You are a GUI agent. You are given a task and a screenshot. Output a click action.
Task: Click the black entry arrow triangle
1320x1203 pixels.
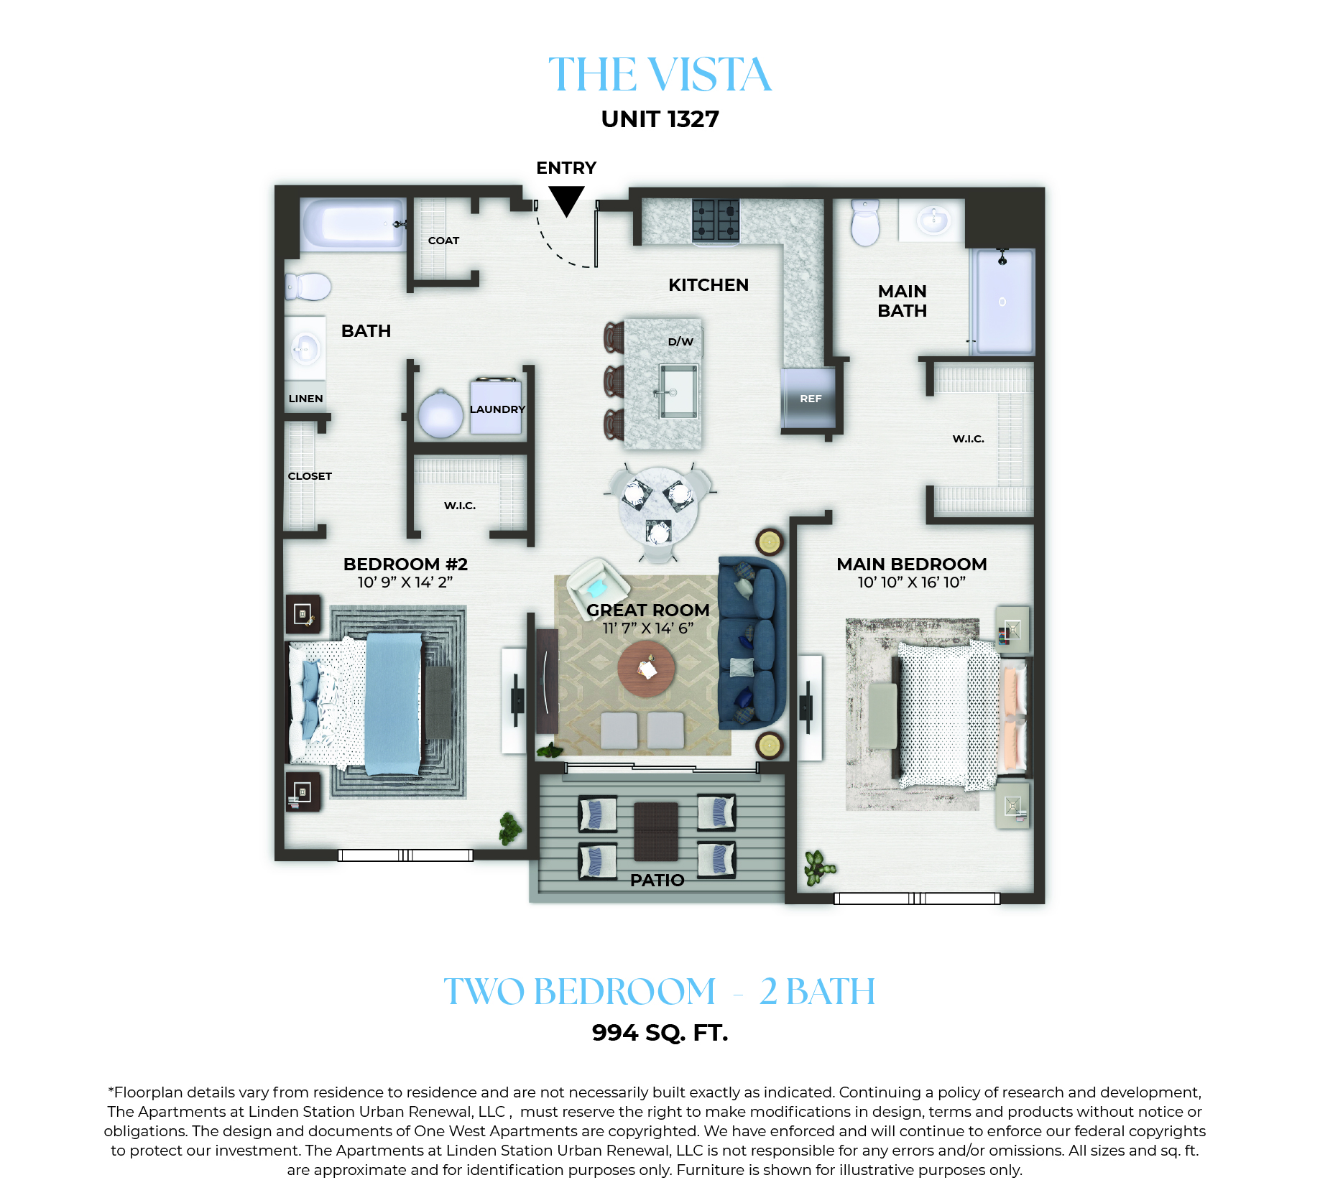pos(566,199)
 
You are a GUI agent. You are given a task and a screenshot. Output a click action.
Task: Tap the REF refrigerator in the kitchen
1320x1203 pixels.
pos(809,398)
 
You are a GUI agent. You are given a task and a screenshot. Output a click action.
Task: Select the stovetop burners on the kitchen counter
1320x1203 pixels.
pos(716,220)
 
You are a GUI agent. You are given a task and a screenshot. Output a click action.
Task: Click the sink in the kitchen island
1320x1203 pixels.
pos(678,391)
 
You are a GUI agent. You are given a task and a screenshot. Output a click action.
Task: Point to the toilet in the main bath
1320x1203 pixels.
pos(865,223)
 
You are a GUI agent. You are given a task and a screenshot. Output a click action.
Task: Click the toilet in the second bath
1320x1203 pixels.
pos(308,287)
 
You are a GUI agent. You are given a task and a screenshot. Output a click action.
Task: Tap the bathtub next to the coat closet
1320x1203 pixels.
pos(353,224)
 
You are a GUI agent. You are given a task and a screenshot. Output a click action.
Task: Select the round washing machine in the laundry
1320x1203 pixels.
pos(440,414)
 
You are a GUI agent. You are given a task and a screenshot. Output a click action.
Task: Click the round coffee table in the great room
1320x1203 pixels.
pos(646,669)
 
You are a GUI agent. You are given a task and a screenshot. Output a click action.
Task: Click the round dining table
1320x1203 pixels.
pos(659,506)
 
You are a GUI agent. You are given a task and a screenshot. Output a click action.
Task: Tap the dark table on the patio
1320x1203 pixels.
pos(656,831)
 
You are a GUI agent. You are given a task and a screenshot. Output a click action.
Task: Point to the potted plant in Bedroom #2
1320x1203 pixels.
pos(510,828)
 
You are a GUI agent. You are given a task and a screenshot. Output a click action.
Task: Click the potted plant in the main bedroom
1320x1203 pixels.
pos(819,867)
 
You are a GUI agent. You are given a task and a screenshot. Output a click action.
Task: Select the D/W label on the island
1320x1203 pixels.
pos(680,342)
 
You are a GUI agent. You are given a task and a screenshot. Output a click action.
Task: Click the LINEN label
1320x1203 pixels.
pos(305,399)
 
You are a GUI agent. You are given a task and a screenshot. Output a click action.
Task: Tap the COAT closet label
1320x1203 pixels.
pos(443,241)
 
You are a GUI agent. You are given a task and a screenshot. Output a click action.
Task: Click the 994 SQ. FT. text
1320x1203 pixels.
pos(660,1033)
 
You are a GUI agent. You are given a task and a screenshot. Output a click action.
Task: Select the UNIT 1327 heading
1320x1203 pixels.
pos(660,119)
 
